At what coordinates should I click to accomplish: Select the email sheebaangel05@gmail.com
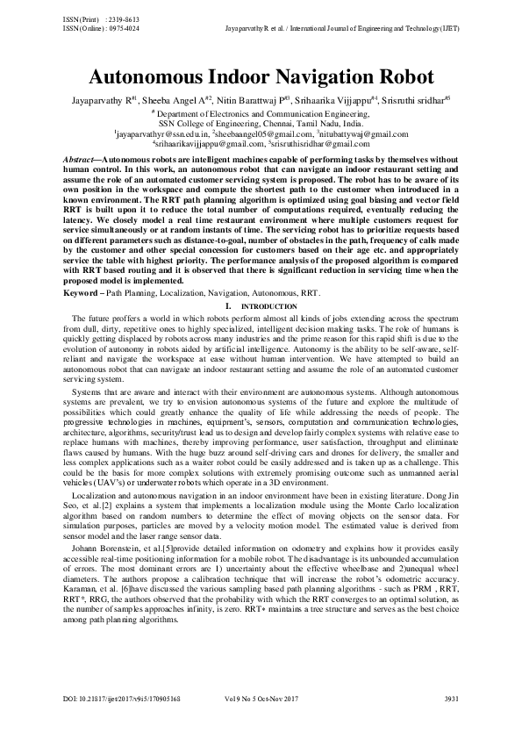(260, 133)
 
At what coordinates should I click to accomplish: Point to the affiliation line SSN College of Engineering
(261, 124)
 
